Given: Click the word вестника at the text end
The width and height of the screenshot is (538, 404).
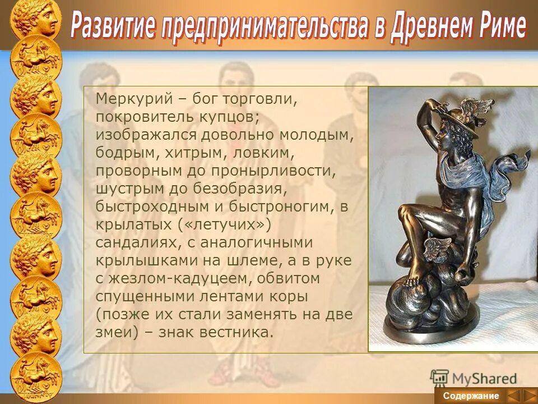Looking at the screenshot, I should (239, 332).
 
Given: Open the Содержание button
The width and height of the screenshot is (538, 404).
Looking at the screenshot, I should (471, 396).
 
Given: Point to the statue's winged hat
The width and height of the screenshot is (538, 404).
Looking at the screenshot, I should (468, 112).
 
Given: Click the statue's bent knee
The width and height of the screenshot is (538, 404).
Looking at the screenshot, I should (407, 213).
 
